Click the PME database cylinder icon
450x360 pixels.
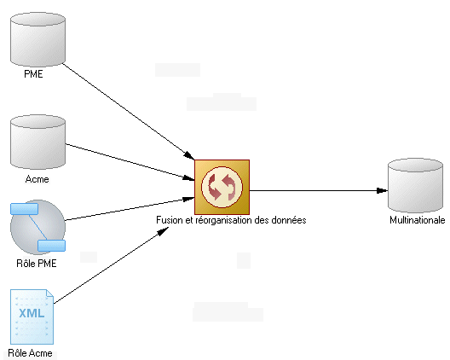click(37, 39)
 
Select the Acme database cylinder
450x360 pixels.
click(37, 142)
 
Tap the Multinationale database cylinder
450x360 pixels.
click(415, 185)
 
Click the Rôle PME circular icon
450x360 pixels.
click(37, 227)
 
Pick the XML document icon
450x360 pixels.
click(32, 316)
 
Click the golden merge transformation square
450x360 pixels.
click(222, 187)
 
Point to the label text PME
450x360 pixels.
click(33, 74)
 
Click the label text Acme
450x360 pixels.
click(37, 179)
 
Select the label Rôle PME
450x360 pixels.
click(37, 264)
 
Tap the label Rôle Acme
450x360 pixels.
click(30, 353)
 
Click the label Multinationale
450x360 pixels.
click(418, 220)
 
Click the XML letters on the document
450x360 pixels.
click(32, 313)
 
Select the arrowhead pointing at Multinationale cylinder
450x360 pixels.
click(382, 190)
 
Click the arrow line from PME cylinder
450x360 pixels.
click(129, 112)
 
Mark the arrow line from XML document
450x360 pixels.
click(111, 265)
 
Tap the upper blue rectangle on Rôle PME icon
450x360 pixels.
click(25, 209)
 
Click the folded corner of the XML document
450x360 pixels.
click(49, 293)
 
